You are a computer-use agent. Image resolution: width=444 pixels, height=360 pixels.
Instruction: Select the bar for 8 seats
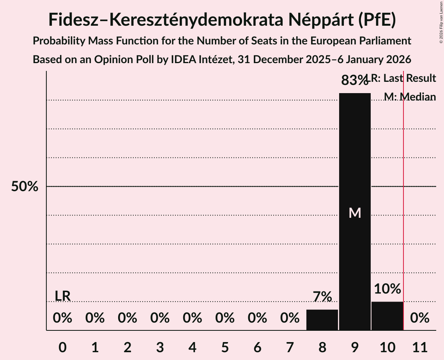[x=322, y=320]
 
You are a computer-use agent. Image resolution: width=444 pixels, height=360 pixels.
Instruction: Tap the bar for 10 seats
[x=387, y=316]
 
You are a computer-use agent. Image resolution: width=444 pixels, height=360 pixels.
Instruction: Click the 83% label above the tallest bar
[x=354, y=81]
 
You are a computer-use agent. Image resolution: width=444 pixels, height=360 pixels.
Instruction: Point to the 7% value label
[x=322, y=297]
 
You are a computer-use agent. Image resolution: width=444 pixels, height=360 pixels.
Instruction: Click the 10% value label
[x=387, y=289]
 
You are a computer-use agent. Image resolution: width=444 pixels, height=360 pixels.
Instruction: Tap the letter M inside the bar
[x=355, y=213]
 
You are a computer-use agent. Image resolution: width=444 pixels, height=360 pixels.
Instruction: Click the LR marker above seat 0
[x=62, y=296]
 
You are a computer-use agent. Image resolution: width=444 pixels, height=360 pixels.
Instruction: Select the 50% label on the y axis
[x=25, y=187]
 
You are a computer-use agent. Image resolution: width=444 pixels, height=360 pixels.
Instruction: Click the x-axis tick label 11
[x=419, y=347]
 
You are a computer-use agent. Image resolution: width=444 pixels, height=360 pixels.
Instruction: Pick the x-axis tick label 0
[x=62, y=347]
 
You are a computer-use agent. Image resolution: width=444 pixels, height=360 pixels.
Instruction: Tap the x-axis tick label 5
[x=225, y=347]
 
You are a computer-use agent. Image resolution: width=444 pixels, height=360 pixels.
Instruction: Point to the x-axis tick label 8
[x=322, y=347]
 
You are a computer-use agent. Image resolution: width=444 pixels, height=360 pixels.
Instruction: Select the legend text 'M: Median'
[x=409, y=97]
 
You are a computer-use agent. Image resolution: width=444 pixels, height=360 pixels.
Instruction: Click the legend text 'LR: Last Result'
[x=402, y=78]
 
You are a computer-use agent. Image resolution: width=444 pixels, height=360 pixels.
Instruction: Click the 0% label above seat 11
[x=419, y=318]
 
